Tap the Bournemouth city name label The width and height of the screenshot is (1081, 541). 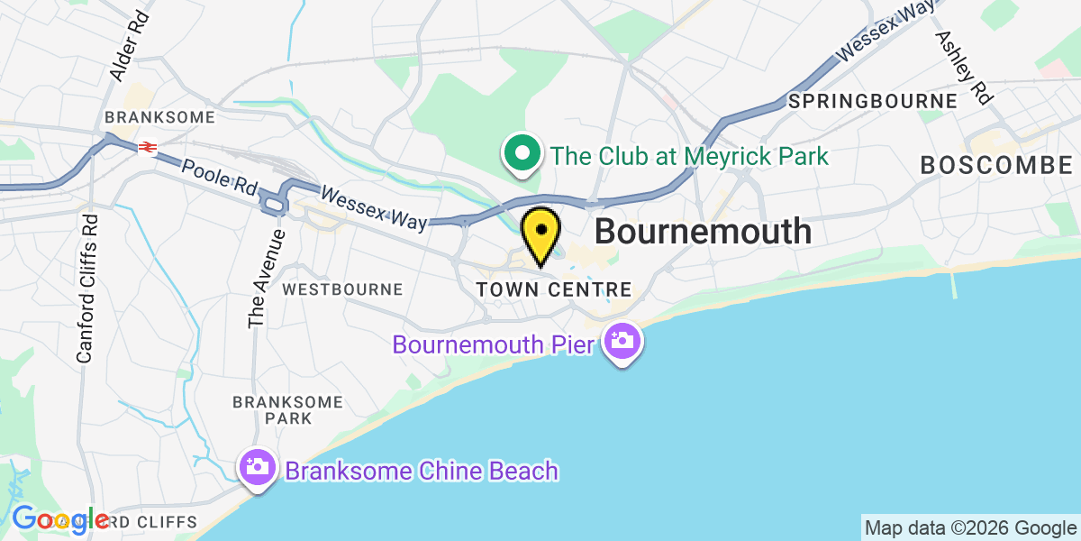coord(703,232)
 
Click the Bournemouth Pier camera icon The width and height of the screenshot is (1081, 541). coord(622,342)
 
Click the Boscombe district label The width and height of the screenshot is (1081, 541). coord(995,165)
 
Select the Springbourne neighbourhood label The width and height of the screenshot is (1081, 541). coord(872,101)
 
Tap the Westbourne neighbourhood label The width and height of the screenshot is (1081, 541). coord(342,289)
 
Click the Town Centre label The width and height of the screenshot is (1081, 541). coord(554,289)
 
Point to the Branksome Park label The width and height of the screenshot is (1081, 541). coord(288,409)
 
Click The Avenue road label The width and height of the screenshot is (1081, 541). coord(259,279)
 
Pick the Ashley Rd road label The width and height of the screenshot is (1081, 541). coord(963,68)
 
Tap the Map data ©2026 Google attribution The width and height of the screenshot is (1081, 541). coord(970,527)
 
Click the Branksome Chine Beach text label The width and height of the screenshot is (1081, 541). coord(422,471)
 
